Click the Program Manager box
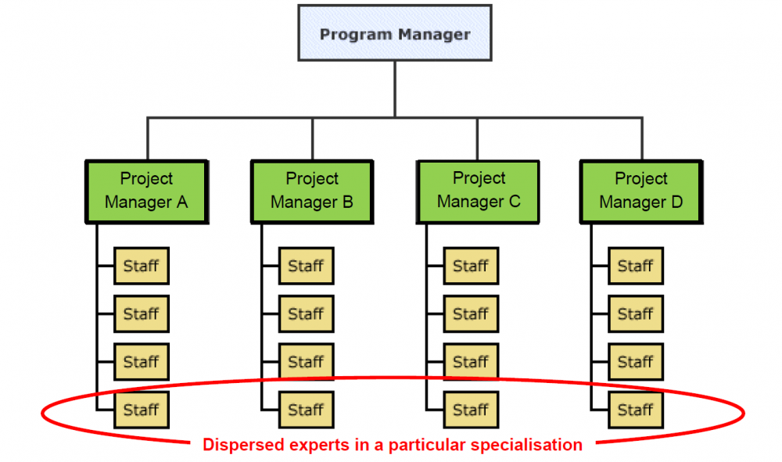(395, 34)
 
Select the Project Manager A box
(146, 191)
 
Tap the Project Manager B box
(312, 191)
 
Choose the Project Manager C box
(479, 191)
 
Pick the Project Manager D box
(641, 191)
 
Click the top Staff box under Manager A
(142, 266)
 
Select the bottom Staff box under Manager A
(142, 410)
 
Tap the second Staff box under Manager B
(307, 313)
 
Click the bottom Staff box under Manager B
(307, 410)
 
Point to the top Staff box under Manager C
(471, 266)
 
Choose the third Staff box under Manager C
(471, 362)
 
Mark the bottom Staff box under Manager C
(471, 410)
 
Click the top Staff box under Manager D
(636, 266)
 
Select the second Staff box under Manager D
(636, 313)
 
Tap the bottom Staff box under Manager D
(636, 410)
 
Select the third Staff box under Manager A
(142, 362)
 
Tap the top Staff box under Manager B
(307, 266)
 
